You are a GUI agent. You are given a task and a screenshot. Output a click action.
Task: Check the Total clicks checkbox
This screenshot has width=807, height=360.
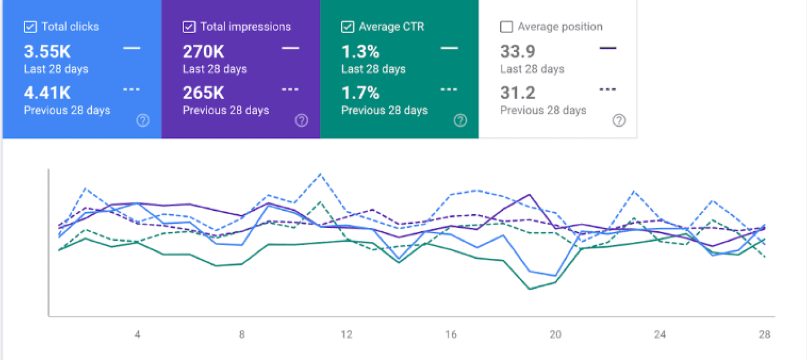(30, 27)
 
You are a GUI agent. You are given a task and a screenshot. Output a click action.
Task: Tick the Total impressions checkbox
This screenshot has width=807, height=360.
(189, 27)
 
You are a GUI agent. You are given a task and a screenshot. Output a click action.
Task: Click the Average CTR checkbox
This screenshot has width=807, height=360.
(347, 27)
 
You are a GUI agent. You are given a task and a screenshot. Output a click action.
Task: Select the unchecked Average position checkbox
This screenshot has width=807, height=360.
(507, 27)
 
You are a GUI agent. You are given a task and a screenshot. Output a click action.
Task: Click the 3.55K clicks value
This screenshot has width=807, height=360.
(47, 51)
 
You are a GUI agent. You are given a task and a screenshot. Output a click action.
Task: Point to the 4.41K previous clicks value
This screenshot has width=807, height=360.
(47, 93)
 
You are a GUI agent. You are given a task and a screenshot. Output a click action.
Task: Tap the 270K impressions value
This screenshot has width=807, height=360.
(204, 51)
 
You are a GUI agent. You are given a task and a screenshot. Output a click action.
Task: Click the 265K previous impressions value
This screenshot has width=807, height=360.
(204, 93)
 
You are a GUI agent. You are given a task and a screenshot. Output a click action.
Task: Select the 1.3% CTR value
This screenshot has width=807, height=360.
(360, 51)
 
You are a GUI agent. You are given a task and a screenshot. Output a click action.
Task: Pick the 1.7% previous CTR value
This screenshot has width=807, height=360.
(360, 93)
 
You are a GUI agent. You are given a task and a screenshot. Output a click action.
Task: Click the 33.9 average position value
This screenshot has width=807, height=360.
(517, 51)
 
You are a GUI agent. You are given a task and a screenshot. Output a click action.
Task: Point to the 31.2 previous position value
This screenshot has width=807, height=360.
(517, 93)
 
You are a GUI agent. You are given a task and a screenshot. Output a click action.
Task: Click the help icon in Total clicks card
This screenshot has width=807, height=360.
(143, 121)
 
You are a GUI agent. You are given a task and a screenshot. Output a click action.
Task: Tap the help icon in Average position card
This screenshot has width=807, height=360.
(619, 121)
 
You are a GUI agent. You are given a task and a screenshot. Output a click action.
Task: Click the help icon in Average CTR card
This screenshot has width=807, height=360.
(460, 121)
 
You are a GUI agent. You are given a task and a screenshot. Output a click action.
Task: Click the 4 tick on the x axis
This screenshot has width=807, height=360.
(137, 334)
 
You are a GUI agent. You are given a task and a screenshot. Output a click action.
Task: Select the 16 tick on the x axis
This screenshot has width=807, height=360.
(451, 334)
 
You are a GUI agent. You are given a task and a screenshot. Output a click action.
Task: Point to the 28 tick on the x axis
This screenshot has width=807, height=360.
(764, 334)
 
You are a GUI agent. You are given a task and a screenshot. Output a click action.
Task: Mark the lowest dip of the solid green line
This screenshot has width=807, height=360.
(530, 289)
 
